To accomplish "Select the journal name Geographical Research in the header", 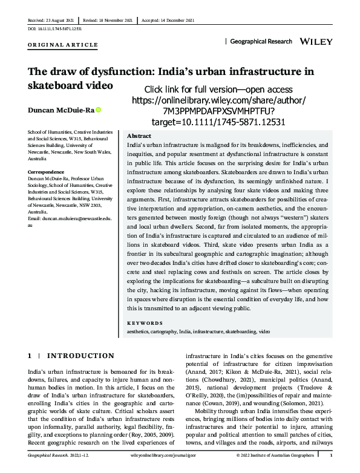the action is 262,42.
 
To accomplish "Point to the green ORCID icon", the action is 98,110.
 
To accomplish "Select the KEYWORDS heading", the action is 145,324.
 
